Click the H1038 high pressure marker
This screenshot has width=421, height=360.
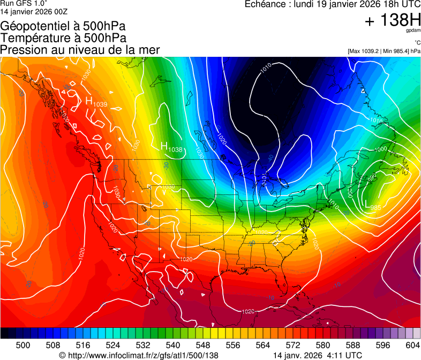[x=171, y=147]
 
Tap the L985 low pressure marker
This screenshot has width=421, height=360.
[x=372, y=206]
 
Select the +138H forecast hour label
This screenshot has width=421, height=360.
[x=393, y=20]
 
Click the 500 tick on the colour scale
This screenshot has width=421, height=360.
[x=23, y=346]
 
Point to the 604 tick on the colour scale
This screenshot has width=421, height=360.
[x=412, y=346]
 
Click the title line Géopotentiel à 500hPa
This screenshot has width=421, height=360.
[x=63, y=26]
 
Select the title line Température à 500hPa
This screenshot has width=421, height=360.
[x=63, y=38]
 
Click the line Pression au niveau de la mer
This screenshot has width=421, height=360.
[x=80, y=50]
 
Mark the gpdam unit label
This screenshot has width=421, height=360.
[x=413, y=32]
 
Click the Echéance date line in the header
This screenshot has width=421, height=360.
[x=332, y=4]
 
